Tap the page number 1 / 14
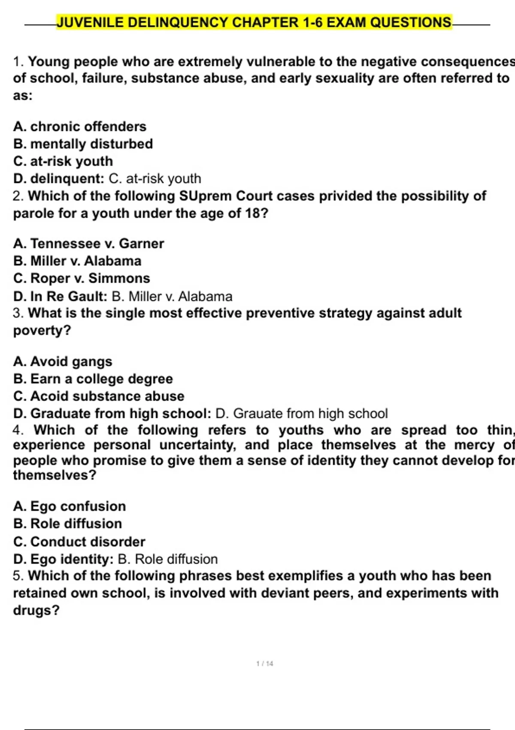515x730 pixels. coord(264,663)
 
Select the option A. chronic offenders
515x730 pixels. coord(80,127)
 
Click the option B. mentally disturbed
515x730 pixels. coord(83,144)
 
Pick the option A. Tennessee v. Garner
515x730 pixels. coord(88,244)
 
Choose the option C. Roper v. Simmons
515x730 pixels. coord(82,278)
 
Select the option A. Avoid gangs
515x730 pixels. coord(63,362)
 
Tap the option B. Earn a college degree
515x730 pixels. coord(93,379)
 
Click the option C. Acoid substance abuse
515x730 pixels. coord(99,396)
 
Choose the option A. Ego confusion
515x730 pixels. coord(70,506)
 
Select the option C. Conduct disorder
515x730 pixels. coord(79,541)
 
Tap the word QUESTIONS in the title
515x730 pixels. coord(410,22)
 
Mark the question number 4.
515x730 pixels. coord(18,430)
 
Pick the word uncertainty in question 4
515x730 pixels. coord(197,445)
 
